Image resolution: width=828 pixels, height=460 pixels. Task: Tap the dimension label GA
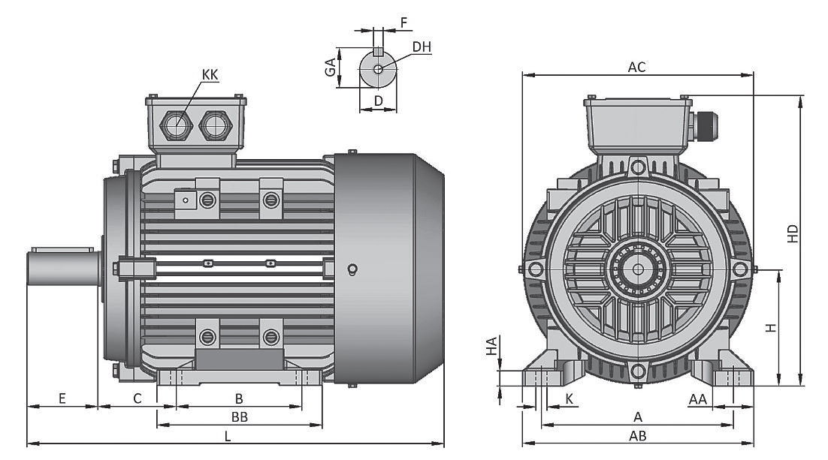(x=330, y=68)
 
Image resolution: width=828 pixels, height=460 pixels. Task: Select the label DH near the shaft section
(x=422, y=47)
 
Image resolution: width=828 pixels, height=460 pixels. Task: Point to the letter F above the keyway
(x=403, y=23)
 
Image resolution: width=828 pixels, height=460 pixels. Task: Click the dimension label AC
(x=636, y=67)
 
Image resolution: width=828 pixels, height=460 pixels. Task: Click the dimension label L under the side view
(x=228, y=435)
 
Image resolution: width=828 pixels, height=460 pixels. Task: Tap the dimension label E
(x=62, y=398)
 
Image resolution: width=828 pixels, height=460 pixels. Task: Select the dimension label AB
(x=638, y=435)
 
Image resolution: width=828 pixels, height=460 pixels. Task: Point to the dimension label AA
(x=698, y=398)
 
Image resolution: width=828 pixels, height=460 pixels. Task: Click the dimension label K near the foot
(x=569, y=398)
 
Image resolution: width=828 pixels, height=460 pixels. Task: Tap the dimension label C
(x=137, y=398)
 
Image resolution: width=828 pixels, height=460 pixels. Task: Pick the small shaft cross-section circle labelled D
(x=378, y=71)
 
